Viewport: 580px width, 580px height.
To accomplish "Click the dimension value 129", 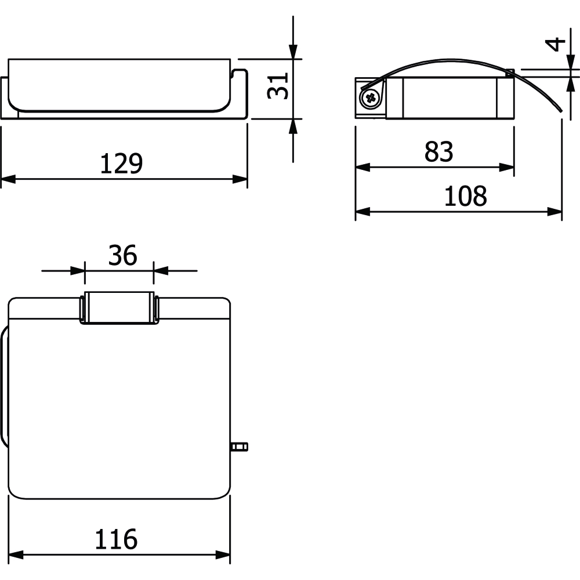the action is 121,164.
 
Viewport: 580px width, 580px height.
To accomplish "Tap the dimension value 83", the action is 438,151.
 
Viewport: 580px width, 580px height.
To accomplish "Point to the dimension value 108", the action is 465,196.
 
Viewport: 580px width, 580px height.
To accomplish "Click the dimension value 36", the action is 122,255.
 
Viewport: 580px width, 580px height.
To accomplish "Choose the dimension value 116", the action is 116,539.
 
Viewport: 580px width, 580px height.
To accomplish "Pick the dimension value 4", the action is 556,45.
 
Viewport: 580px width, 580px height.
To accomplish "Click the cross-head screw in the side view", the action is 370,99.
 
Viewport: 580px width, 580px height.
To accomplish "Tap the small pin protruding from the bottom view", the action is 240,447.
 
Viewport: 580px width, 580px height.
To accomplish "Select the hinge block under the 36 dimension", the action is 119,308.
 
